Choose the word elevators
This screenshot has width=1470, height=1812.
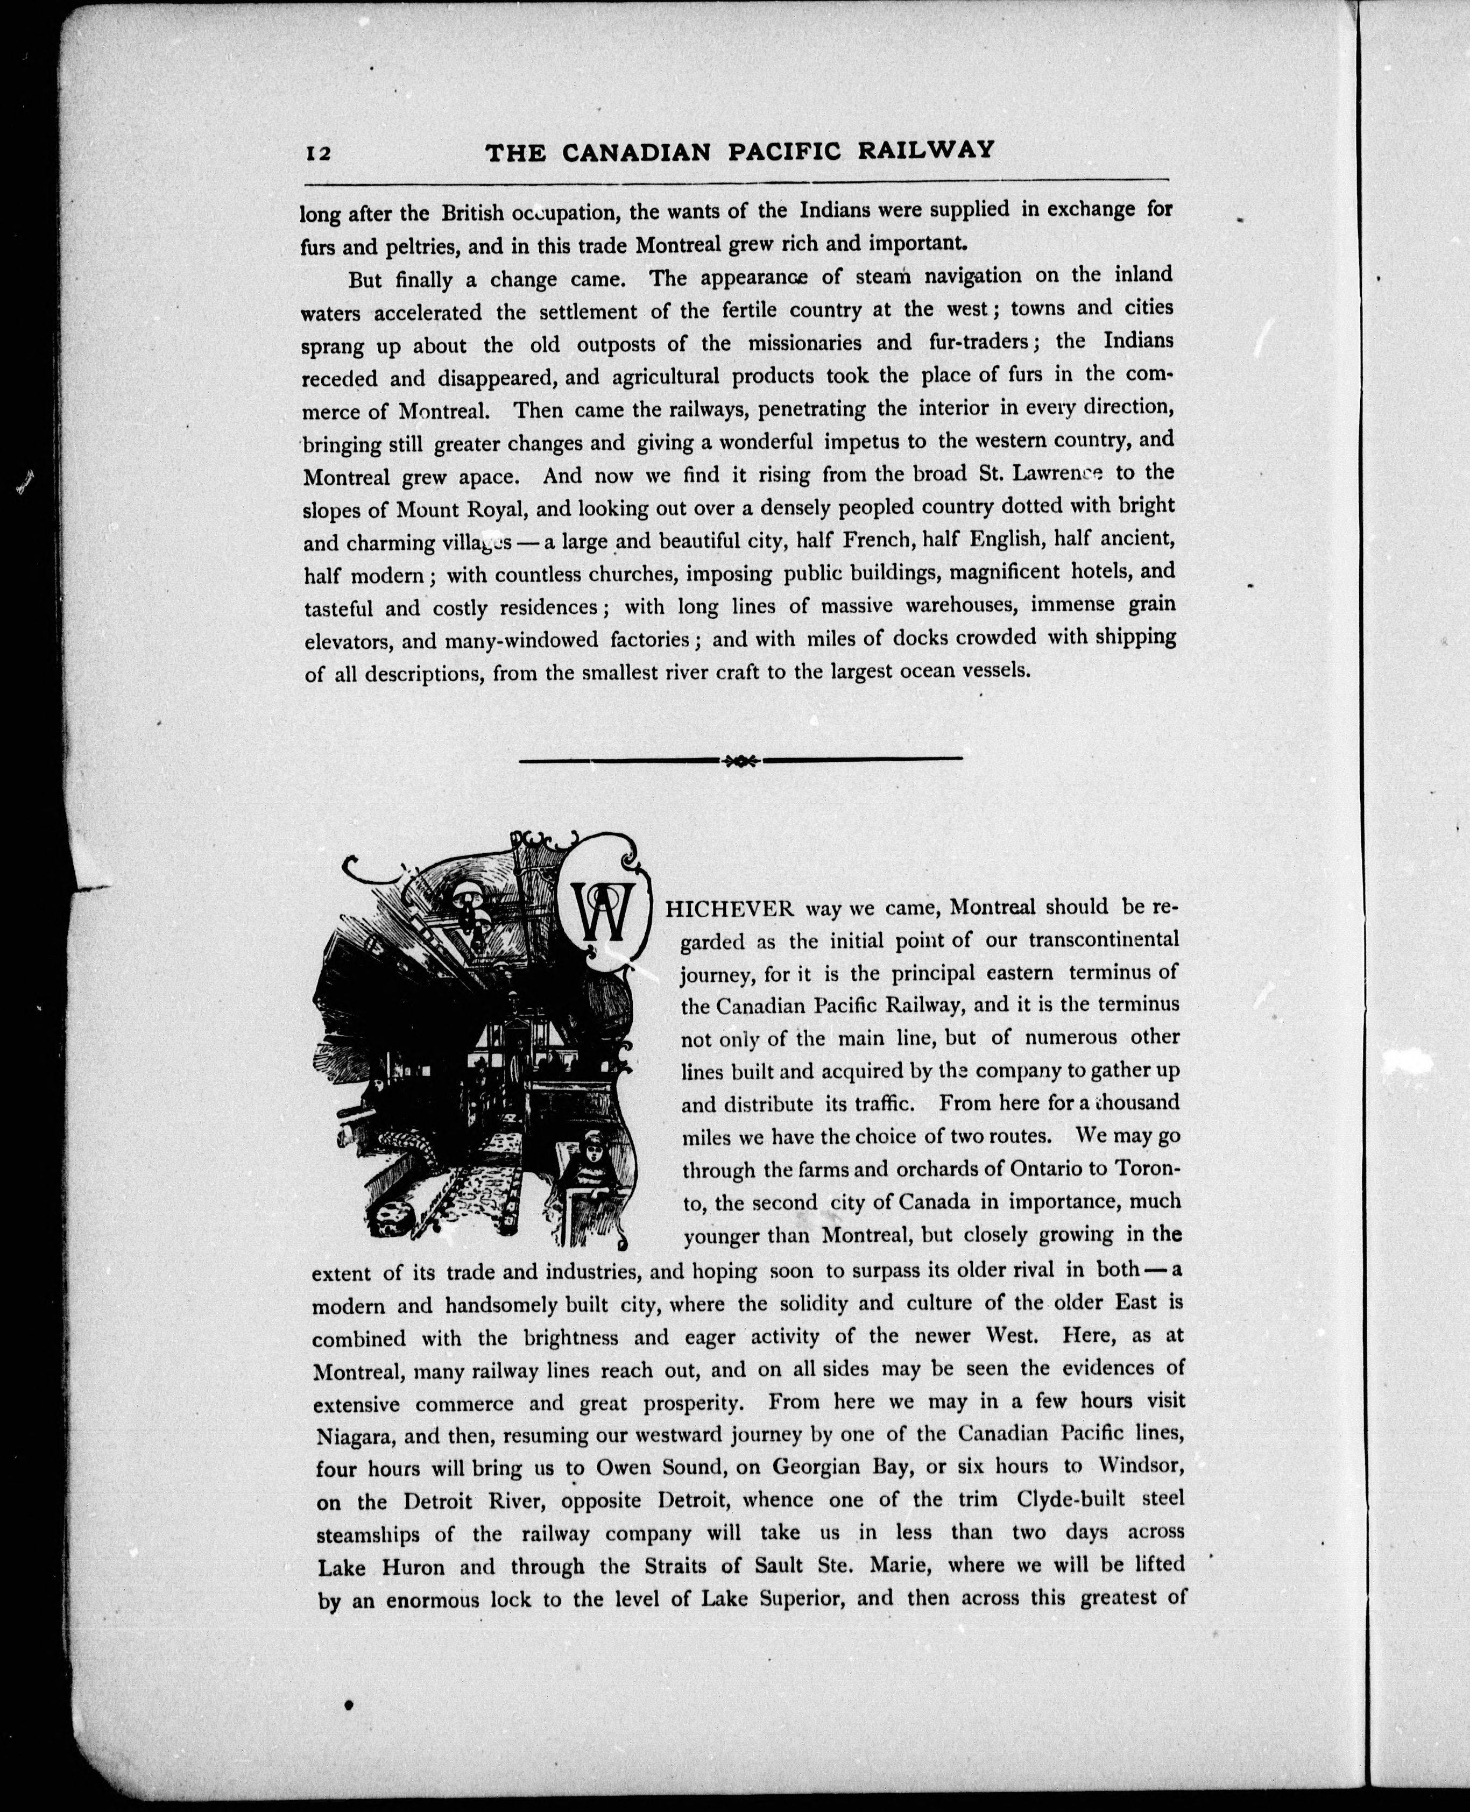click(347, 641)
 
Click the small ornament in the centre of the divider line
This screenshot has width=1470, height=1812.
click(740, 760)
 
